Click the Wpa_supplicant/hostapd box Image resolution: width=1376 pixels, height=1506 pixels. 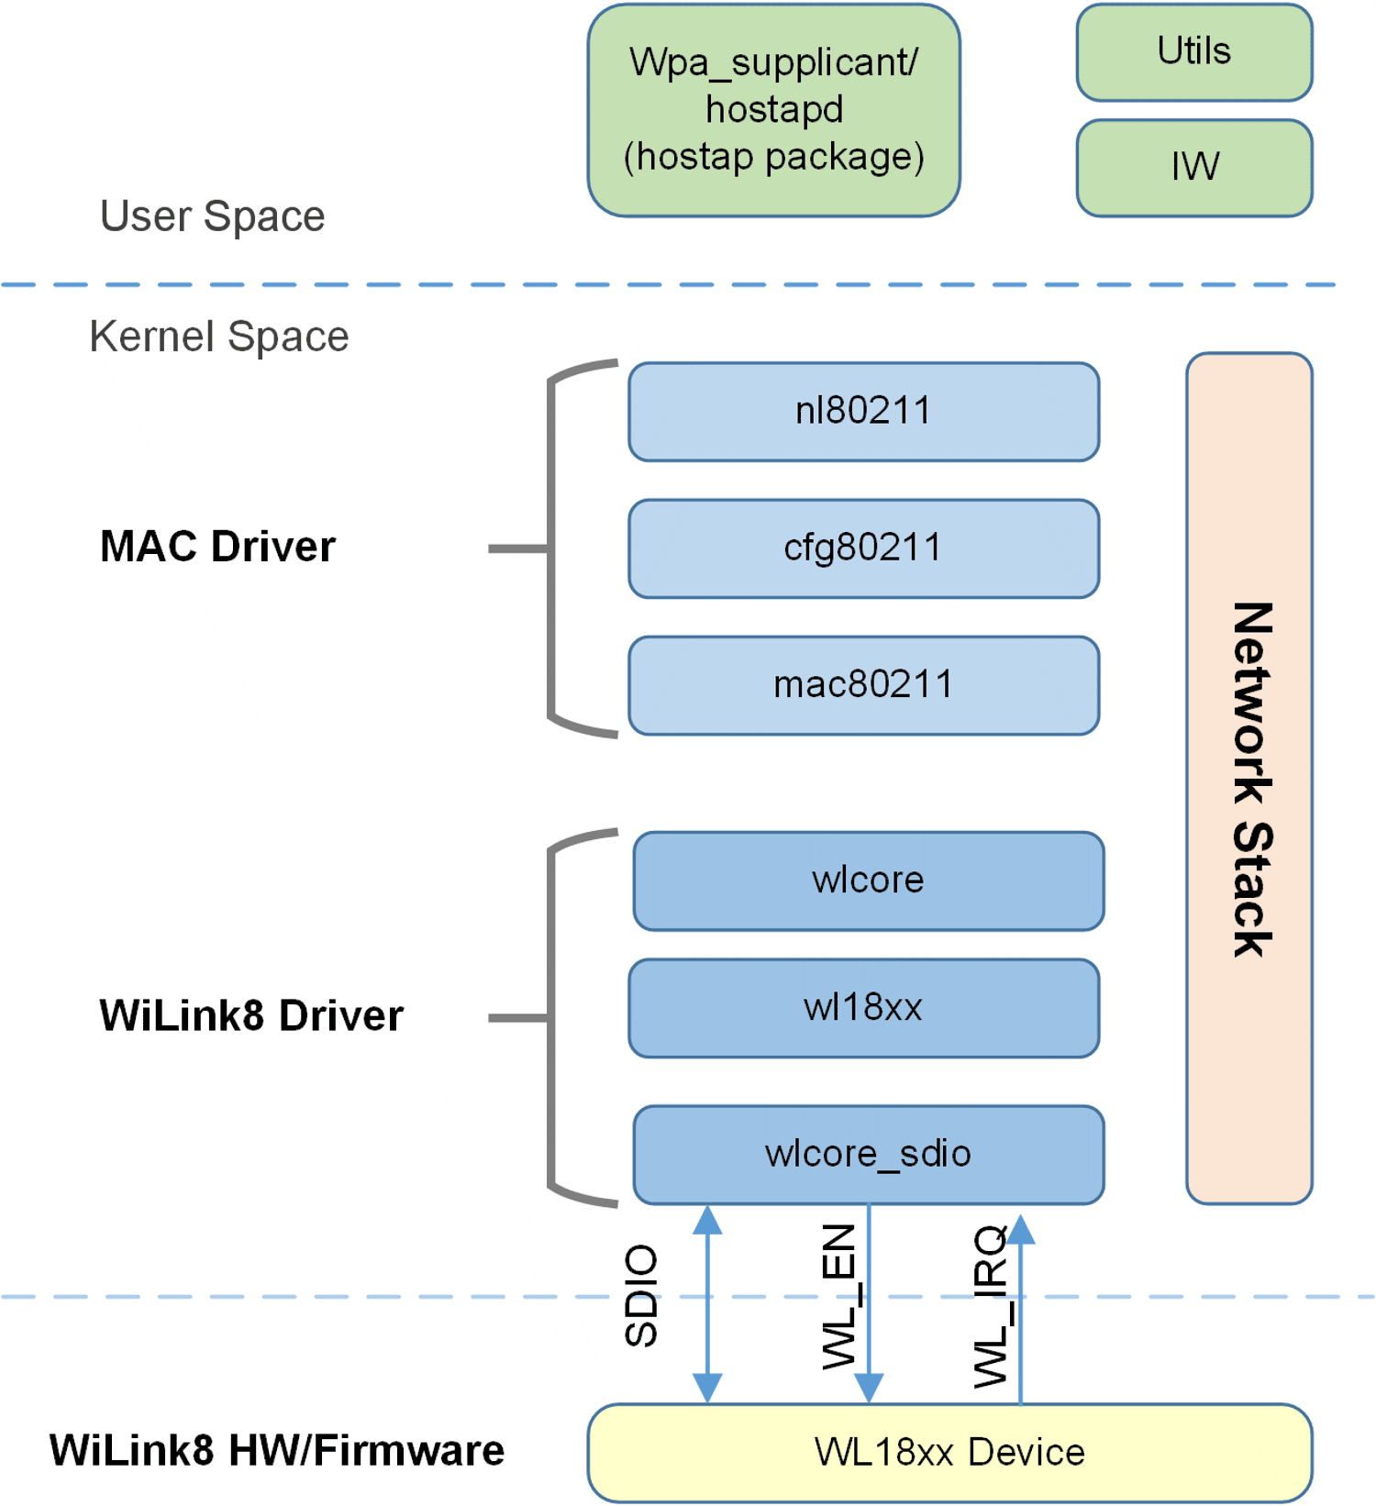click(x=773, y=110)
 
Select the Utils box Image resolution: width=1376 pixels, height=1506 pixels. click(x=1193, y=52)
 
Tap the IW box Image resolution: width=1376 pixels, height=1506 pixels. click(x=1193, y=168)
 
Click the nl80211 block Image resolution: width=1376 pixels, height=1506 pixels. click(x=863, y=411)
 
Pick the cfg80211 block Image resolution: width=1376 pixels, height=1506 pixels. click(x=863, y=548)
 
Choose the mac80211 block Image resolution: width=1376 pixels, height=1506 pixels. click(x=863, y=685)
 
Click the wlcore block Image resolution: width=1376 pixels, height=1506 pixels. click(x=868, y=880)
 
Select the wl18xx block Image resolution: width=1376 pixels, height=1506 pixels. click(x=863, y=1008)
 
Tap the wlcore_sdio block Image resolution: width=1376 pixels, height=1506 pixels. click(x=868, y=1154)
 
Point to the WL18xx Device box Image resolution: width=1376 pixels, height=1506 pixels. click(x=949, y=1453)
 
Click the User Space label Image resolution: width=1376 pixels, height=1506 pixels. click(x=212, y=216)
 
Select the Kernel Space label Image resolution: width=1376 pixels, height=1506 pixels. click(x=218, y=337)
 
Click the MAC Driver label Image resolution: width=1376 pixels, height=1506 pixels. click(x=217, y=547)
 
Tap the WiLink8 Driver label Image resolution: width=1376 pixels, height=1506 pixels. click(x=250, y=1016)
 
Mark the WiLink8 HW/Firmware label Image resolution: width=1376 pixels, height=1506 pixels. click(x=276, y=1451)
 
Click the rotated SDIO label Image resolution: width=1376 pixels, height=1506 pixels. click(x=641, y=1295)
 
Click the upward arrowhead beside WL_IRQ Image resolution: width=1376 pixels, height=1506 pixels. click(x=1021, y=1231)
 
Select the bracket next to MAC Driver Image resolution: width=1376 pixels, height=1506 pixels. click(x=550, y=548)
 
